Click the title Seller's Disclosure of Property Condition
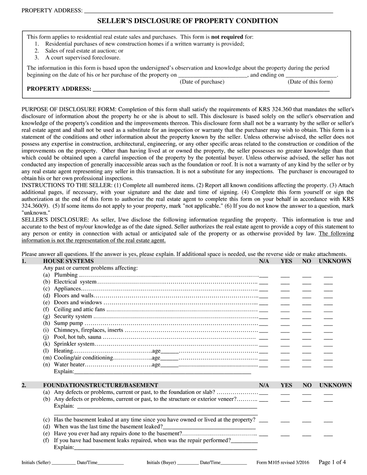coord(187,21)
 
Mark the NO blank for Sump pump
coord(307,324)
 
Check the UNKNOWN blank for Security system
coord(328,317)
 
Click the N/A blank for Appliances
coord(264,290)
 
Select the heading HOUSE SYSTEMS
coord(68,261)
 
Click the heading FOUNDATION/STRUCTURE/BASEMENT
coord(100,385)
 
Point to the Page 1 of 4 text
coord(332,462)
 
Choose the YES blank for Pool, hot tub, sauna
coord(285,338)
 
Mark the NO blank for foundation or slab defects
coord(307,394)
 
